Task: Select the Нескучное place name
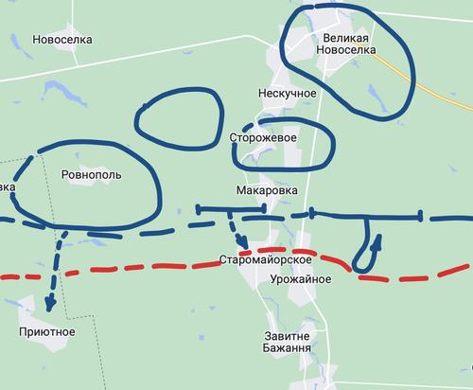287,95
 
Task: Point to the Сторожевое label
264,138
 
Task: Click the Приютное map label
47,332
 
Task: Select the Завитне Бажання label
286,342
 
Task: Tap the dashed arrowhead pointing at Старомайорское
242,242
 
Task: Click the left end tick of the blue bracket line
198,209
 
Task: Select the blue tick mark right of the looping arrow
422,217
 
